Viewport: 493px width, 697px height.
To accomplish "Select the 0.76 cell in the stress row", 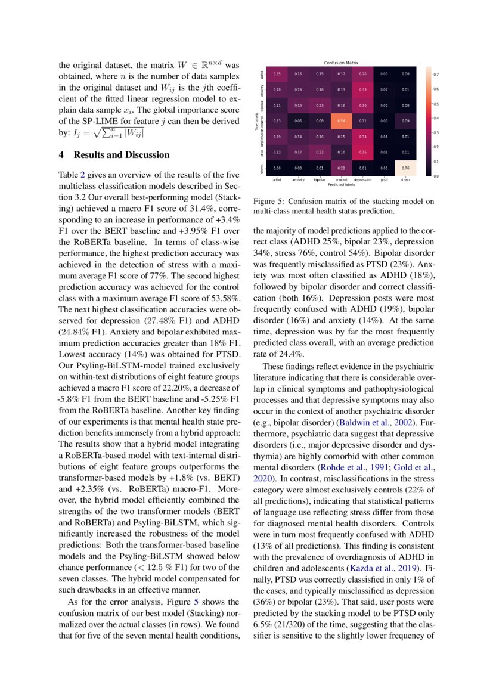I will pos(405,168).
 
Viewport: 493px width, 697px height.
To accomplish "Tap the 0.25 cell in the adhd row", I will pos(277,74).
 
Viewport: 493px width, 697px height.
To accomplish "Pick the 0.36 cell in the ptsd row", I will pos(362,152).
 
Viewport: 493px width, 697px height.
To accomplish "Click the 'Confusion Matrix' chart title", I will pos(341,63).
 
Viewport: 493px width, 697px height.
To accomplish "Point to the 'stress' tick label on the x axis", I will pos(405,179).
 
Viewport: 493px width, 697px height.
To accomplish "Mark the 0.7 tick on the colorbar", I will pos(436,75).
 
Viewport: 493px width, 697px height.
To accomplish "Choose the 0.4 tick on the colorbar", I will pos(436,118).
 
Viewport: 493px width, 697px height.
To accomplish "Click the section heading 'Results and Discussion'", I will pos(122,155).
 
